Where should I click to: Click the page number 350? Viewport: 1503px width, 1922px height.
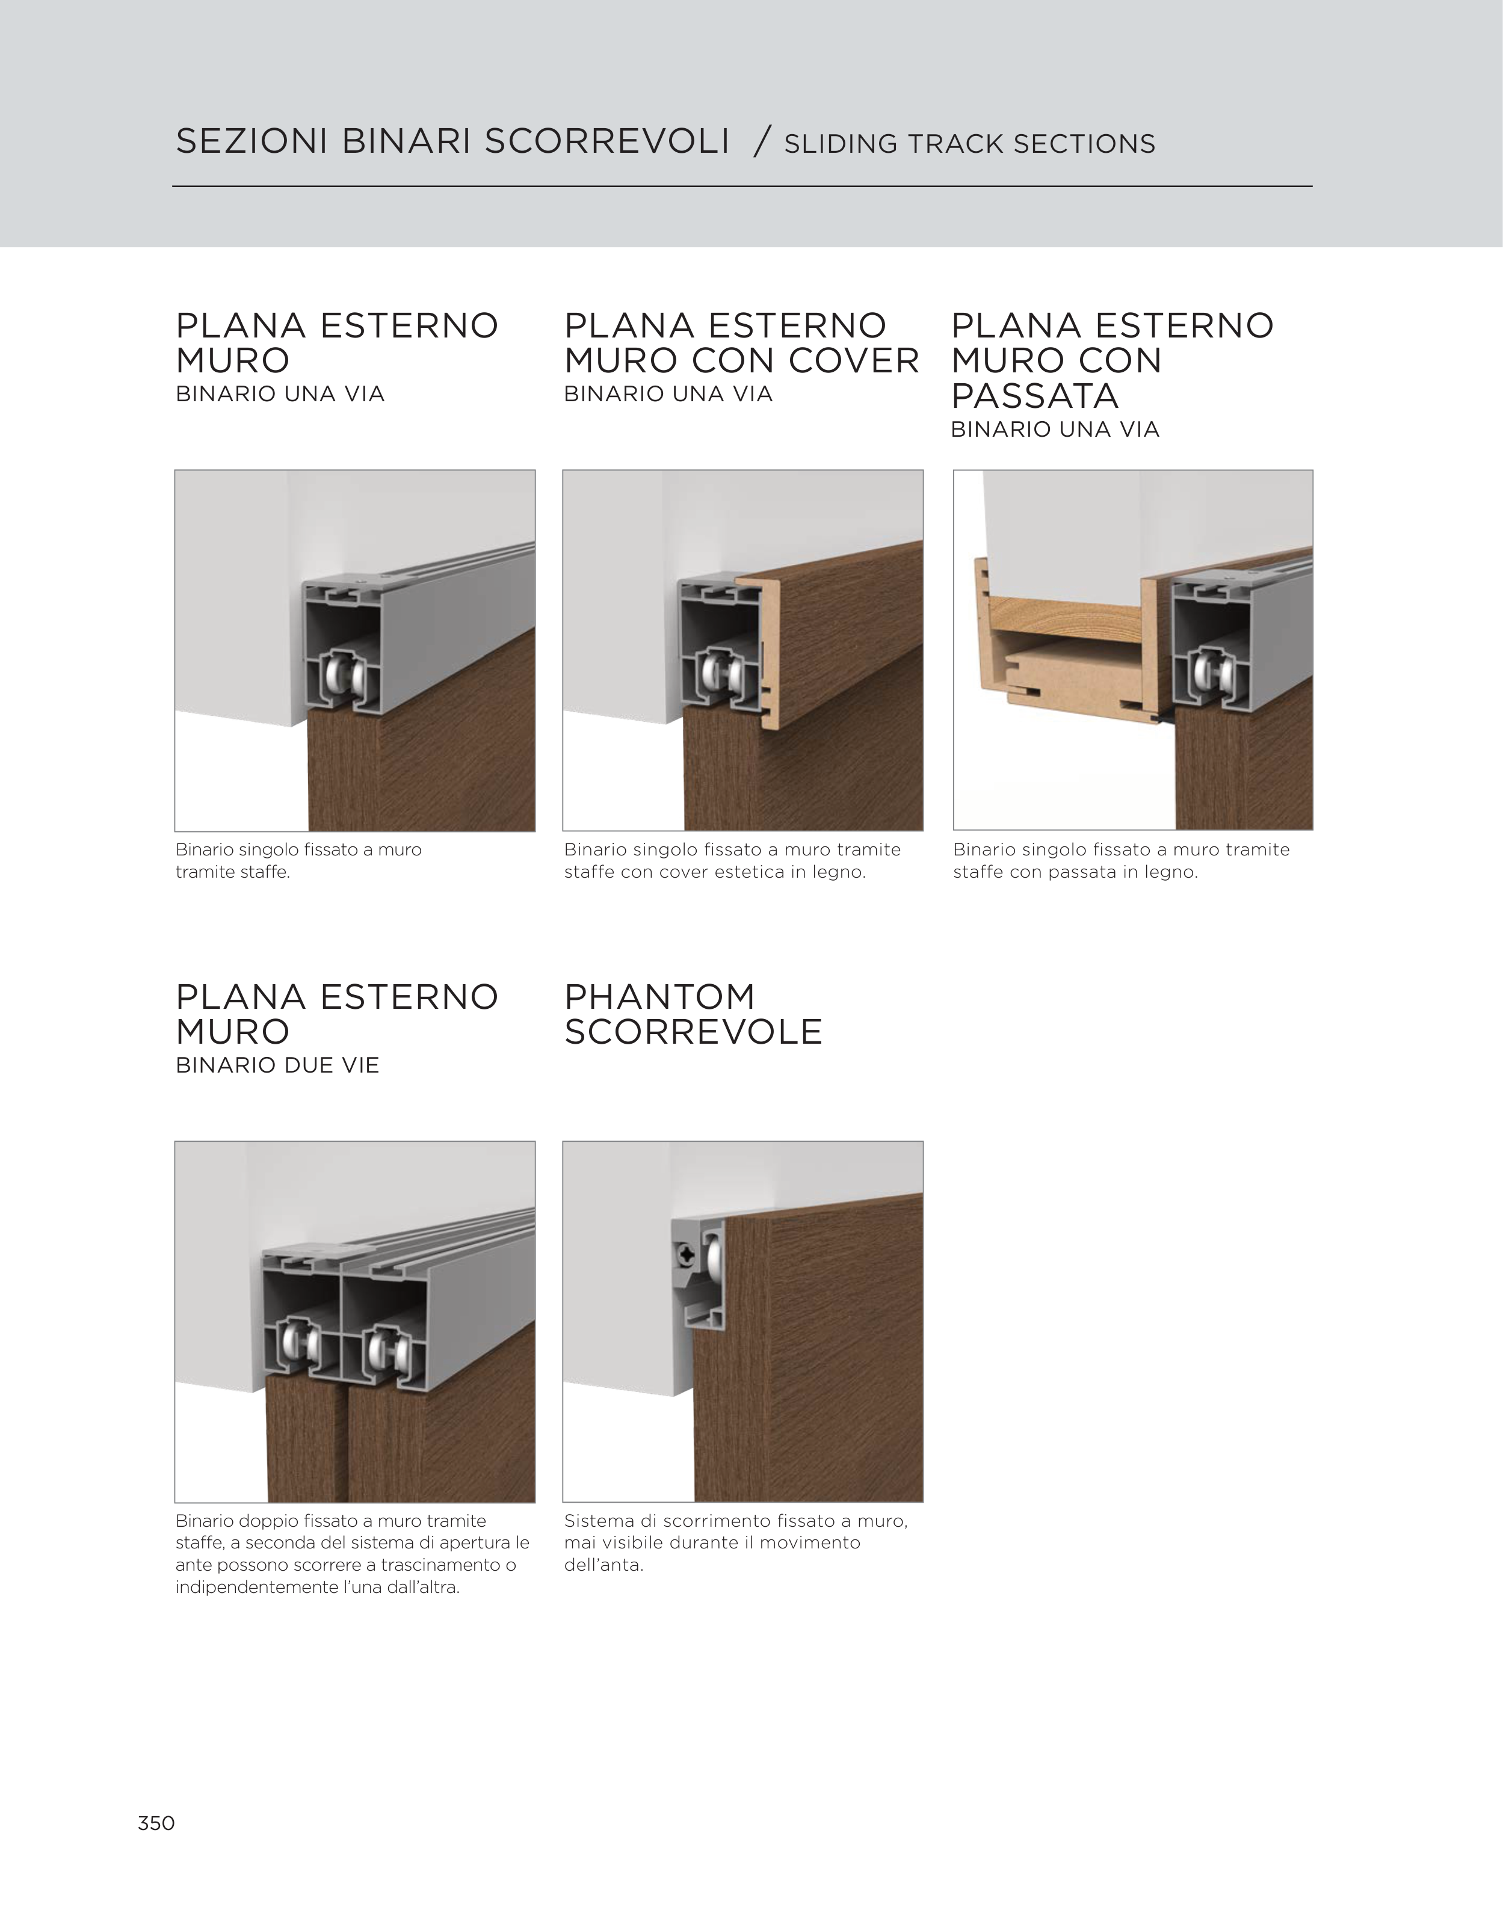156,1823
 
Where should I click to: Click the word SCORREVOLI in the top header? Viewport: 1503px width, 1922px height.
606,142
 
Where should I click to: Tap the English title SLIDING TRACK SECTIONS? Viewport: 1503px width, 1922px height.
969,143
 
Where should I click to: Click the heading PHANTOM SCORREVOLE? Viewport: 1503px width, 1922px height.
693,1014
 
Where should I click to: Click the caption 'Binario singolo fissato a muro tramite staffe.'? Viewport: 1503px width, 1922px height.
298,861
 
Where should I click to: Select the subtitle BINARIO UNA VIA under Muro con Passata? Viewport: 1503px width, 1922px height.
1055,430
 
